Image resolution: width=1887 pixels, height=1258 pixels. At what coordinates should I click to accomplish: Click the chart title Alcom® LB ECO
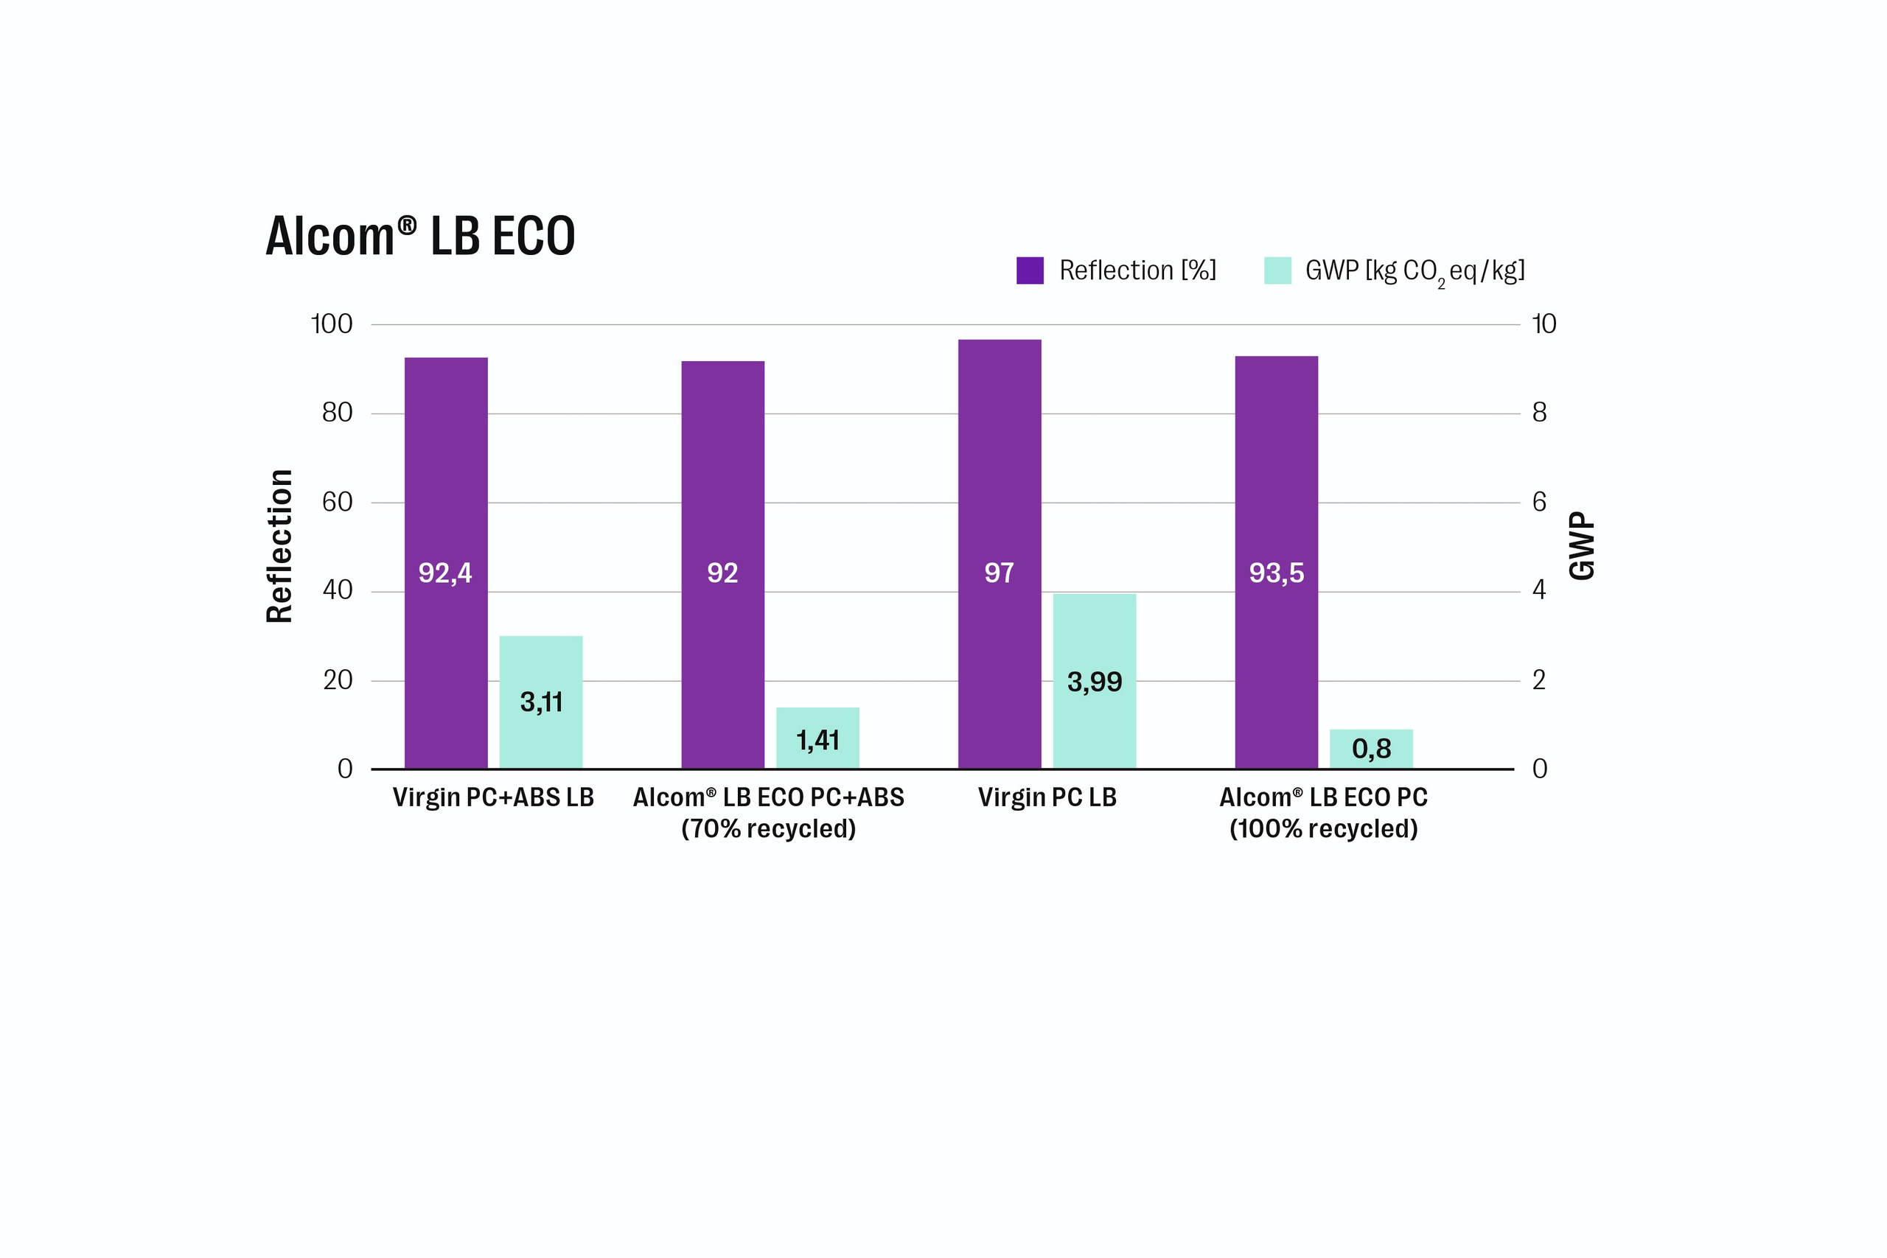click(420, 236)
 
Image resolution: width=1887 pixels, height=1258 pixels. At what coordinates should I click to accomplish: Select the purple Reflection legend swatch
click(1030, 270)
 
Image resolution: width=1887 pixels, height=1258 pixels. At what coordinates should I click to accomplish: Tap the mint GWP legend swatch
click(1278, 270)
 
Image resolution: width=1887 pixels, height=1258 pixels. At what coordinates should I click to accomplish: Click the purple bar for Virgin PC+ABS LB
click(446, 563)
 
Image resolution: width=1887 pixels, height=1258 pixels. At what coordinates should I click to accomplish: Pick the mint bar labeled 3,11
click(541, 702)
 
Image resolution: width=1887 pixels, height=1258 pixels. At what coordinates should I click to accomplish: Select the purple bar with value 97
click(1000, 554)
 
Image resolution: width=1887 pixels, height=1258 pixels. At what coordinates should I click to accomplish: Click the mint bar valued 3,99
click(1095, 681)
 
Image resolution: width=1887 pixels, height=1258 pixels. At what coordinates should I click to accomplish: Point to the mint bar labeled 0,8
click(1371, 749)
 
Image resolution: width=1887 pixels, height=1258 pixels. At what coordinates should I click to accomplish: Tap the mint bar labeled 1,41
click(817, 738)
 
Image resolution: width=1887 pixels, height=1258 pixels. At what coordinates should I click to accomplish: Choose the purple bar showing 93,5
click(1277, 562)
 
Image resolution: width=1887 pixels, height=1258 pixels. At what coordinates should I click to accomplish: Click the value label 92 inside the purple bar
click(722, 573)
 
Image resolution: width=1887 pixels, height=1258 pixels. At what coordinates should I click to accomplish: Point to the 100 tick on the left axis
click(332, 324)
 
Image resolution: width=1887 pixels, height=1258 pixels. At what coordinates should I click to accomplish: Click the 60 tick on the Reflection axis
click(337, 502)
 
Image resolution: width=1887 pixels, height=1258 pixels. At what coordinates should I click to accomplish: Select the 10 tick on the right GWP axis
click(1544, 324)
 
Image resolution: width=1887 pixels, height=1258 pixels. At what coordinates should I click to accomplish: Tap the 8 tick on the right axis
click(1539, 413)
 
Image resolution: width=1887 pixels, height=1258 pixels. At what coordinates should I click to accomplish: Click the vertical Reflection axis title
click(279, 546)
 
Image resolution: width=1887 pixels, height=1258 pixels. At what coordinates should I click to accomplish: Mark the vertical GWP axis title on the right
click(1581, 545)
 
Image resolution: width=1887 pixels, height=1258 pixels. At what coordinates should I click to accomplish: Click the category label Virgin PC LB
click(1047, 797)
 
